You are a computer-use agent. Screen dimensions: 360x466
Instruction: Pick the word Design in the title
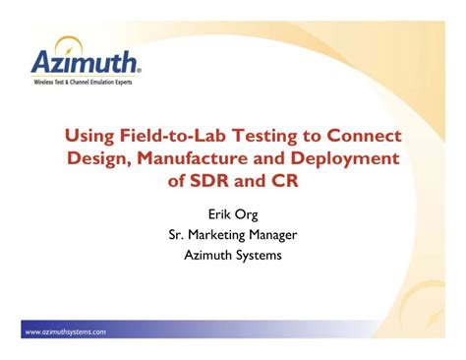click(x=99, y=158)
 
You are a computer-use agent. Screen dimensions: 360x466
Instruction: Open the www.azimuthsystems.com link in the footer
click(x=65, y=331)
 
